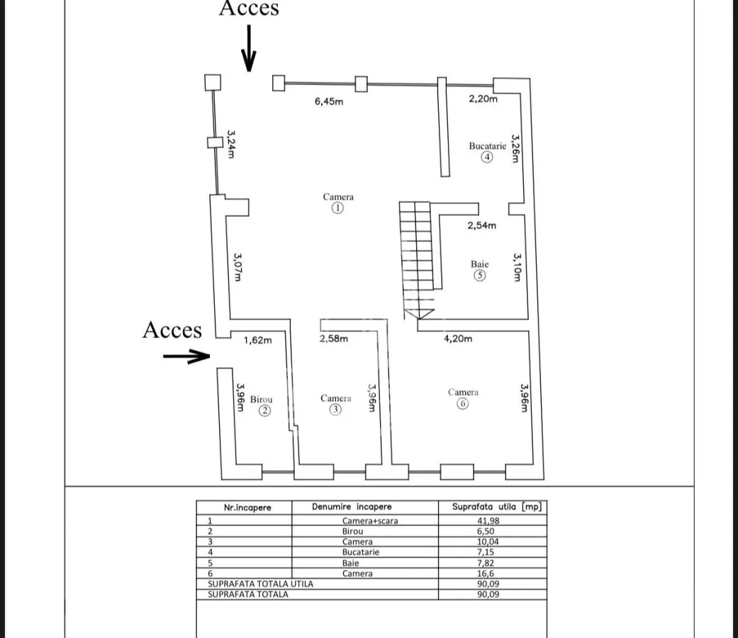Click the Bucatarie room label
(487, 146)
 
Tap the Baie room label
(480, 264)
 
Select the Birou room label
(261, 399)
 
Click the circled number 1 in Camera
(337, 208)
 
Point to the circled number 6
(463, 403)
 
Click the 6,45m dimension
(329, 101)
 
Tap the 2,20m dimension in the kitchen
(483, 99)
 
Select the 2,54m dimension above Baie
(481, 225)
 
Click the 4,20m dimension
(458, 338)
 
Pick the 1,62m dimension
(257, 340)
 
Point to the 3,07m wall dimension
(237, 267)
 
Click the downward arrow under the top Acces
(249, 48)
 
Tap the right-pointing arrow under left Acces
(186, 356)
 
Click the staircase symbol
(417, 260)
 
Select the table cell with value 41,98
(488, 521)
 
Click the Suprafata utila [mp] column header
(496, 507)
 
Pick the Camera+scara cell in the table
(370, 521)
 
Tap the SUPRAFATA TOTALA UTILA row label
(260, 584)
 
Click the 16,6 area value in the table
(485, 573)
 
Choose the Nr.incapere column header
(247, 508)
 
